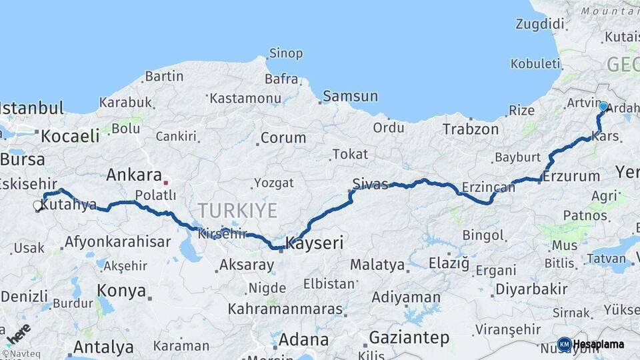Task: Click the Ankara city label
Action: (134, 175)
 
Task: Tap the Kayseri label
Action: (315, 243)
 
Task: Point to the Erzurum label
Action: (571, 177)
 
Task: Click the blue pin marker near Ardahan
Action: (603, 106)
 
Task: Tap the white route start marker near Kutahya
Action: (38, 206)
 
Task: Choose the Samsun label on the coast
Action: (350, 97)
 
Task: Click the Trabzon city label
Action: (470, 129)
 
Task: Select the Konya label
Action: (121, 291)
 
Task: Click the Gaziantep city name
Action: (409, 338)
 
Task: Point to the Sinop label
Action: (285, 53)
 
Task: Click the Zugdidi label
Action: (539, 25)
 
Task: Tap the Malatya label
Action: (377, 265)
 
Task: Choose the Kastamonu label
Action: (245, 99)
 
